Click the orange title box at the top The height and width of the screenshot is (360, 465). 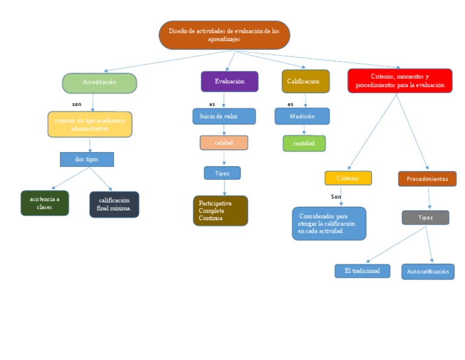224,35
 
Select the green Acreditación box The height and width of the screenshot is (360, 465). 99,82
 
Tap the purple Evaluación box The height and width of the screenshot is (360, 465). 229,81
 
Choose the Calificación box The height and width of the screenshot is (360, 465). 305,81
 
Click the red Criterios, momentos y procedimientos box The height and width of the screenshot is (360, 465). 400,81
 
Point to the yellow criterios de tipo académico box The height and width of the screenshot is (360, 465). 90,124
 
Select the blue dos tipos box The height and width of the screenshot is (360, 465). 87,159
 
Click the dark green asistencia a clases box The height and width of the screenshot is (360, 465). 44,203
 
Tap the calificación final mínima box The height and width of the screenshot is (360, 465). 114,205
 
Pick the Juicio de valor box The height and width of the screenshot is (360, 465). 224,116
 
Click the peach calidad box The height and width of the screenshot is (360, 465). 224,142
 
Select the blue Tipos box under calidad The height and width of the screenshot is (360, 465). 222,173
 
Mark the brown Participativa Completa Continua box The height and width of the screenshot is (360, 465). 220,210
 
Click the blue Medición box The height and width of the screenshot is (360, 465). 302,116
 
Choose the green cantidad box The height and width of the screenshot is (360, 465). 304,144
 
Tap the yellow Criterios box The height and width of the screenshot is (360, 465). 348,178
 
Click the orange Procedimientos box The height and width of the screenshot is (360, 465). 427,179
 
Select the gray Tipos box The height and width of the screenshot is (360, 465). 426,218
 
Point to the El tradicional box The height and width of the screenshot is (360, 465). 362,271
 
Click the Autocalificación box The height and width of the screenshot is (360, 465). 427,272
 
